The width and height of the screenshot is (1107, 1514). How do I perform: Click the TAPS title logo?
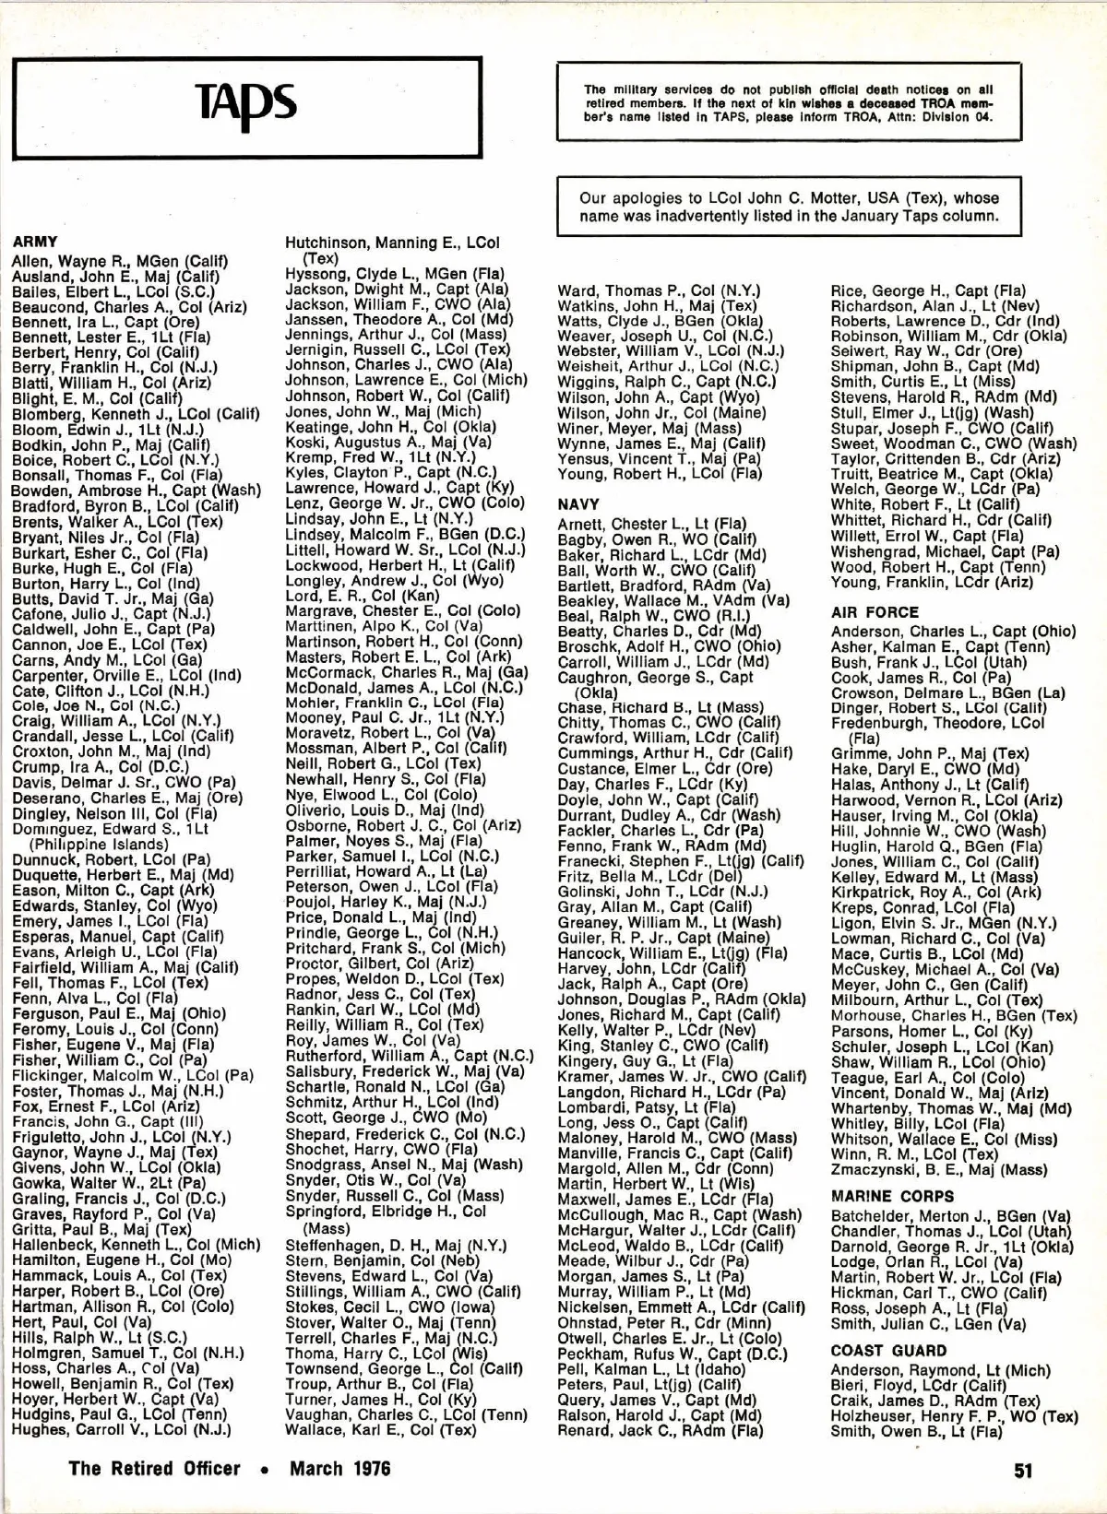click(x=246, y=103)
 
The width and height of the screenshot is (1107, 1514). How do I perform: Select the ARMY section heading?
click(x=35, y=243)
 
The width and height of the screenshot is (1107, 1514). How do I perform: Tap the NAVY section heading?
click(x=578, y=504)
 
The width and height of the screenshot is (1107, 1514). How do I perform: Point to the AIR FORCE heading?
click(x=875, y=612)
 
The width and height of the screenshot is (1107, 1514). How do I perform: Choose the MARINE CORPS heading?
click(x=892, y=1197)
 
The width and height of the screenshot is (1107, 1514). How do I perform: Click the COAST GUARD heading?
click(x=888, y=1351)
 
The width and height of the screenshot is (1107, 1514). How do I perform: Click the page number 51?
click(x=1023, y=1470)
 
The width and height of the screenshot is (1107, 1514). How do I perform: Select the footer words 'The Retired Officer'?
click(x=154, y=1468)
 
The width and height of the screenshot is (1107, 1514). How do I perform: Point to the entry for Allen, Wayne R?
click(x=120, y=261)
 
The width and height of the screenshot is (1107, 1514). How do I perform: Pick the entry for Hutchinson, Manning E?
click(x=392, y=243)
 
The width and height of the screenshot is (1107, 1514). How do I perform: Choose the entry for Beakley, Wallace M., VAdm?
click(x=673, y=601)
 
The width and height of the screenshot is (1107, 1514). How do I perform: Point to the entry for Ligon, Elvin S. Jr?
click(x=944, y=923)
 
